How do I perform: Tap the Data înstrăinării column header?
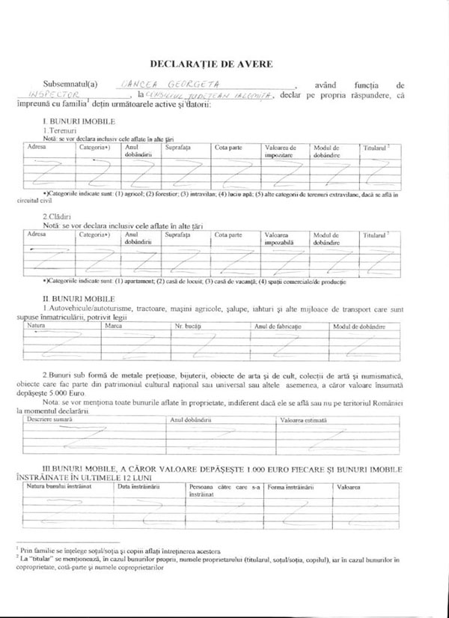coord(139,487)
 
